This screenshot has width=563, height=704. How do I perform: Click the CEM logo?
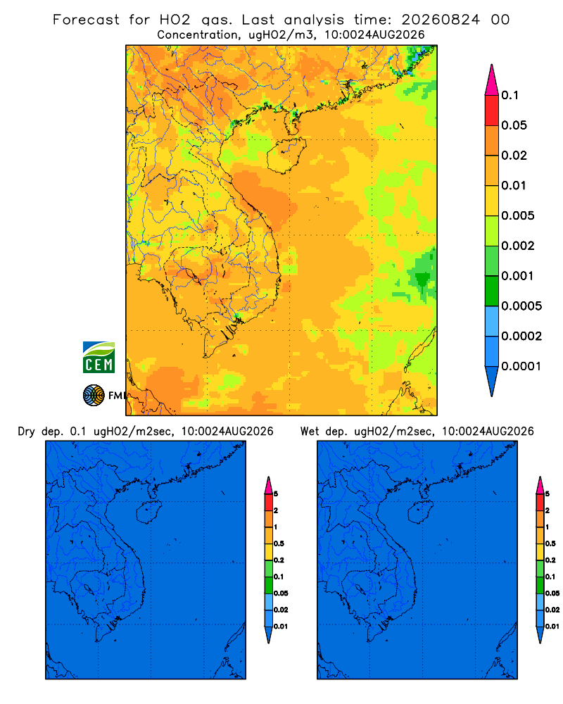[99, 358]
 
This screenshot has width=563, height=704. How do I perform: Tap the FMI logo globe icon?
[94, 396]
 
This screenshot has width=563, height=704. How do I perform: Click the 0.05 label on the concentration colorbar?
[514, 125]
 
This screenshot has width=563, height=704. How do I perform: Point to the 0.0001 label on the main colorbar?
[521, 366]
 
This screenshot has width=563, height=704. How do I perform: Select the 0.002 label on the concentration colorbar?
[518, 246]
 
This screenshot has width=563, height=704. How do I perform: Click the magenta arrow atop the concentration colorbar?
[492, 80]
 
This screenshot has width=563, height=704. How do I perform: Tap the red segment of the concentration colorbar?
[492, 111]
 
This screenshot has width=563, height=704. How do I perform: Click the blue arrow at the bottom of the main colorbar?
[492, 381]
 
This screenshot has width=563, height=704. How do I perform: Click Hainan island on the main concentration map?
[286, 156]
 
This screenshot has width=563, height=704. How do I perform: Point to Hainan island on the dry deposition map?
[148, 513]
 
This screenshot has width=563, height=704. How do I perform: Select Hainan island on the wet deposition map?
[421, 513]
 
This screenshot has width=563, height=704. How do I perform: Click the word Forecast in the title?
[86, 20]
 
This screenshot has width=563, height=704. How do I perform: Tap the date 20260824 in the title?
[441, 20]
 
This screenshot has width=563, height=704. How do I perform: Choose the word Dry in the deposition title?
[26, 432]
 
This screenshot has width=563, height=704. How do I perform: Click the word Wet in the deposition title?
[310, 432]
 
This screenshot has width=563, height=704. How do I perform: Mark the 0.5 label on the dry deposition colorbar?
[279, 543]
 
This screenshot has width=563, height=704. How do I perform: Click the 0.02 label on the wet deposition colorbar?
[552, 610]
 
